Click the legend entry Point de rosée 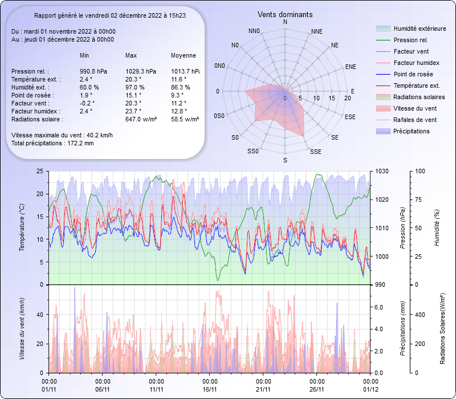point(413,74)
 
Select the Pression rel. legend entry point(410,40)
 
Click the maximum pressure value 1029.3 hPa point(141,71)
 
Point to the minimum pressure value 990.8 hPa point(93,71)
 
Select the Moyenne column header point(184,55)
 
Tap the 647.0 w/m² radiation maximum point(141,119)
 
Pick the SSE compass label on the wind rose point(315,152)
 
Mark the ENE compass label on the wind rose point(351,67)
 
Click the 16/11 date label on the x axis point(210,389)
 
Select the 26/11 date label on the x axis point(317,389)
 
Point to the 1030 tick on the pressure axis point(382,171)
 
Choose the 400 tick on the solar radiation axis point(420,314)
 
